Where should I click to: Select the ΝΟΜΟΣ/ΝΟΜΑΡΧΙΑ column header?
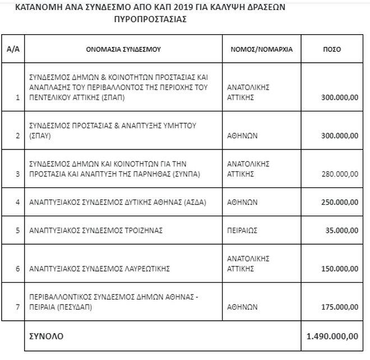(x=261, y=49)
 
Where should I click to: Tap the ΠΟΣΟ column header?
(x=331, y=49)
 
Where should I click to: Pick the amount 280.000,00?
(x=339, y=174)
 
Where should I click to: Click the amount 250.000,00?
(x=339, y=202)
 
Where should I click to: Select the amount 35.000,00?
(x=341, y=230)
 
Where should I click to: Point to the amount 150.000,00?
(x=339, y=269)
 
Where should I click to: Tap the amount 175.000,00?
(x=339, y=307)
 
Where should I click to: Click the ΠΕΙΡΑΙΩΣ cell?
(x=243, y=230)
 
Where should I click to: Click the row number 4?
(x=17, y=202)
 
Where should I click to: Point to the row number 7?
(x=17, y=307)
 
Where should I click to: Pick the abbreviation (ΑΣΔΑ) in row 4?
(x=195, y=202)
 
